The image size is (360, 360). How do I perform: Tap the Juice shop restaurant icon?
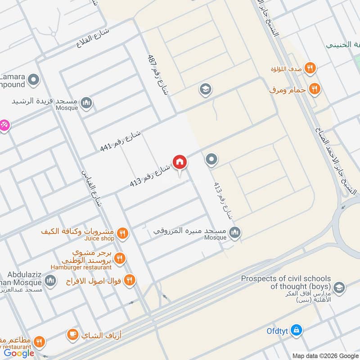tap(122, 233)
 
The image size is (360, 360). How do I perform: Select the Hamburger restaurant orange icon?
tap(119, 258)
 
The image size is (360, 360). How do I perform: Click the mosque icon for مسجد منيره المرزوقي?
tap(234, 233)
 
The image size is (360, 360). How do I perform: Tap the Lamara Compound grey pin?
tap(33, 80)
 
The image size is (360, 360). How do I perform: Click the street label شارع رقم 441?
tap(120, 141)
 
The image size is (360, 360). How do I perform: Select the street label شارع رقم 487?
tap(158, 75)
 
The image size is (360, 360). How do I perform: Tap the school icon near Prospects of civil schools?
tap(339, 287)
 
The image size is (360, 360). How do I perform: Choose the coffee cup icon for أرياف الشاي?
tap(72, 334)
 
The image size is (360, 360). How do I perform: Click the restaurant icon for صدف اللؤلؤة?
tap(310, 68)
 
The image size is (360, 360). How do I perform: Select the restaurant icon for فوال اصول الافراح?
tap(129, 280)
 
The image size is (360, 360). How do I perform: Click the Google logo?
tap(19, 353)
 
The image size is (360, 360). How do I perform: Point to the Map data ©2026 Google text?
tap(325, 355)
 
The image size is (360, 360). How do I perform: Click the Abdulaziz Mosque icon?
tap(50, 281)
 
